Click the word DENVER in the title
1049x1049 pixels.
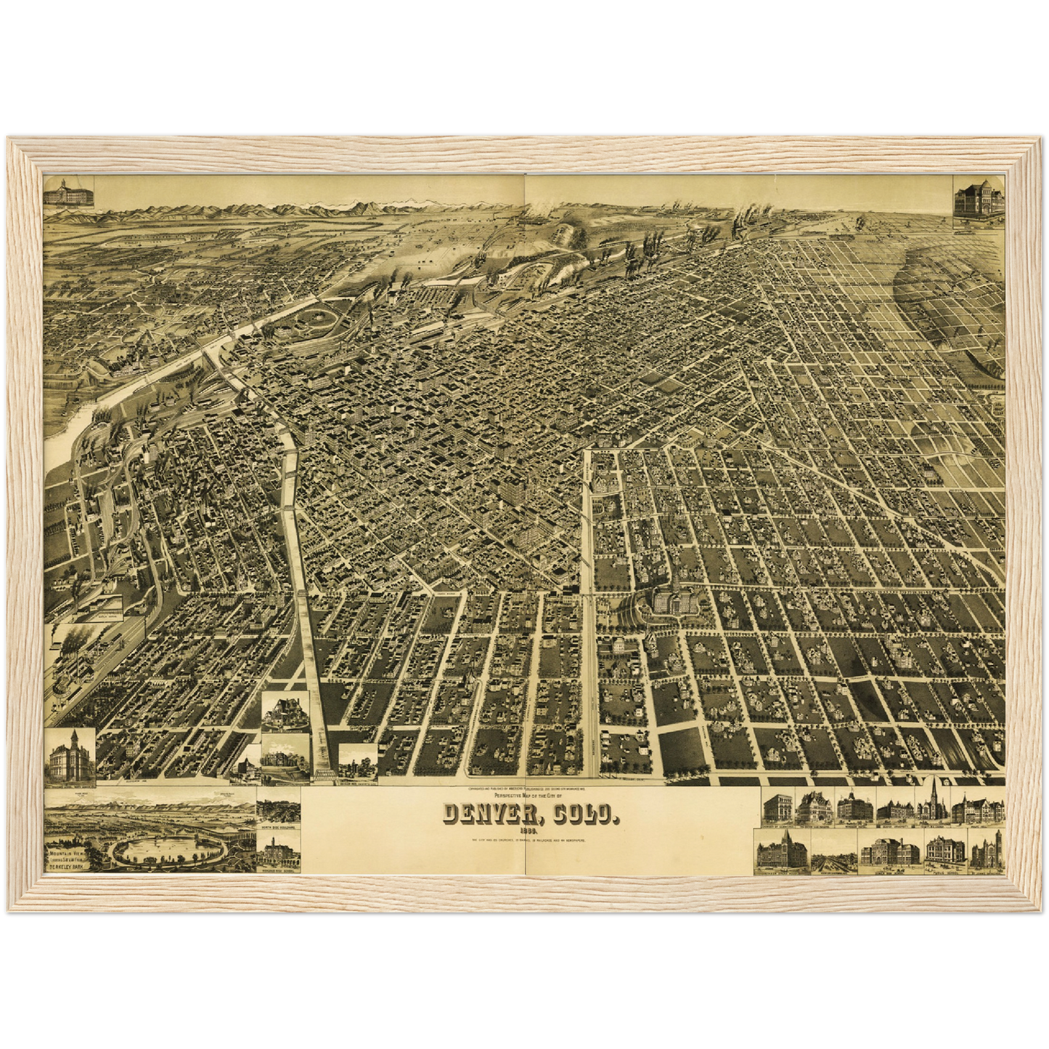tap(494, 816)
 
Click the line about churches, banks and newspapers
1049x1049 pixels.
tap(531, 841)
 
